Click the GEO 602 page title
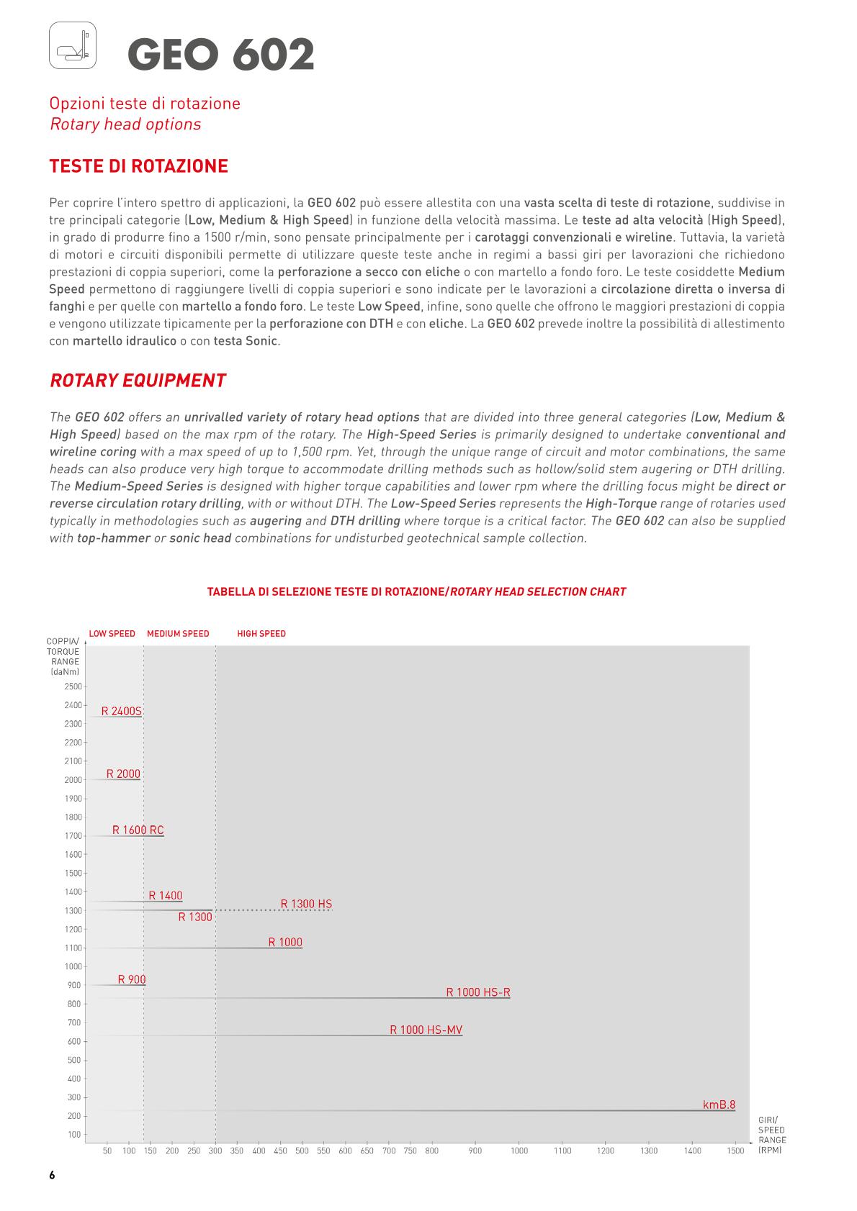point(221,55)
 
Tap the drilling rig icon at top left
point(73,45)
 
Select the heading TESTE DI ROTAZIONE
point(138,166)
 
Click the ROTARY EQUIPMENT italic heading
point(138,381)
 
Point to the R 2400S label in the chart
point(121,711)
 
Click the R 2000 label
point(123,774)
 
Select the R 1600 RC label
point(138,830)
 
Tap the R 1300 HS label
point(306,904)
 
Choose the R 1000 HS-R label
point(478,992)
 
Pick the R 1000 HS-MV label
point(426,1030)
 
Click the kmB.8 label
point(719,1105)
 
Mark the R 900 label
point(132,979)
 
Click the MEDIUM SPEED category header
point(178,634)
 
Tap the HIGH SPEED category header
point(261,634)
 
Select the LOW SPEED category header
point(112,634)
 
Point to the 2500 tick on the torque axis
point(73,686)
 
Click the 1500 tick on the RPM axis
point(735,1151)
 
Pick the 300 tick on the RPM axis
point(215,1151)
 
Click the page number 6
point(52,1176)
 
